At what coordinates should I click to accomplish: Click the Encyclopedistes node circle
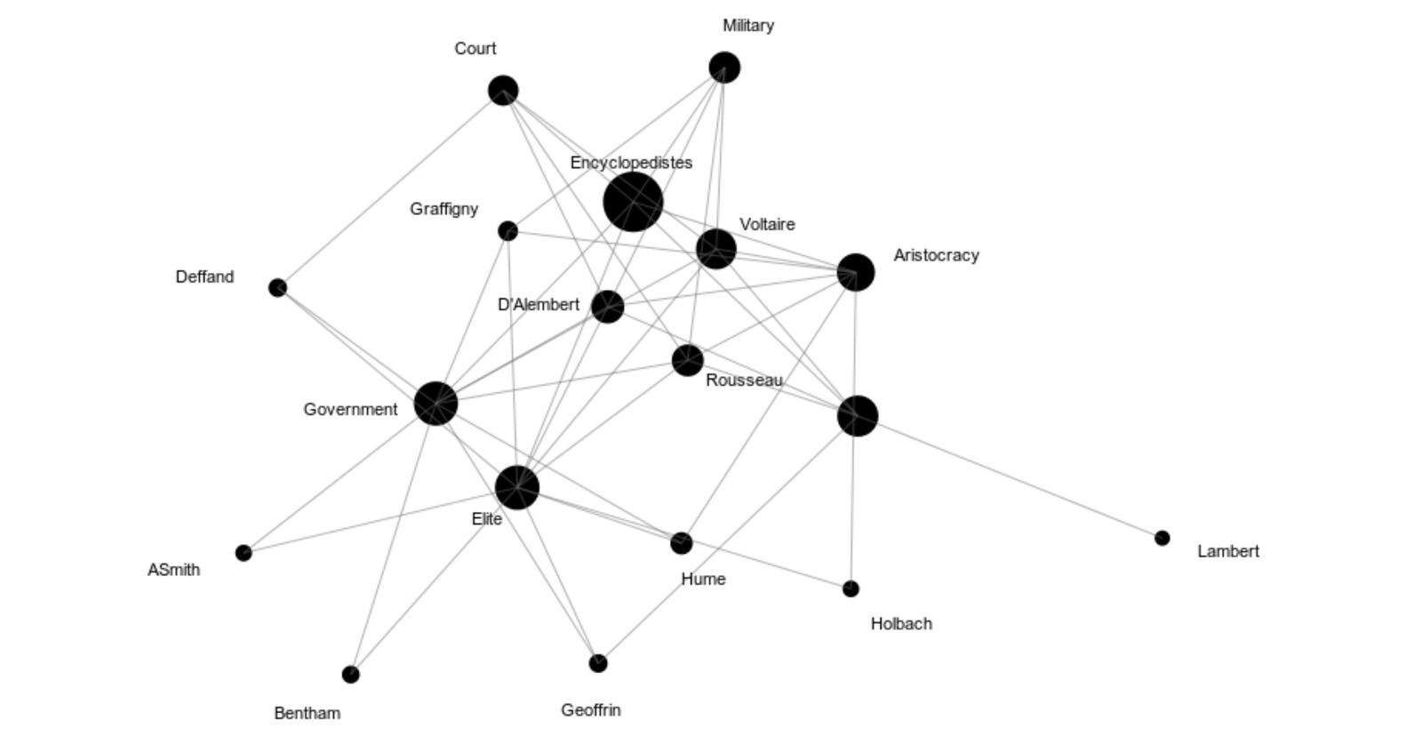tap(633, 202)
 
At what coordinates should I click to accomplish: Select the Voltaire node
tap(716, 249)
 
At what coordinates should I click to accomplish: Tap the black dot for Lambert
tap(1162, 538)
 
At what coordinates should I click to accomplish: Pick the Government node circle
tap(435, 404)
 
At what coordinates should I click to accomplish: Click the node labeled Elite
tap(516, 487)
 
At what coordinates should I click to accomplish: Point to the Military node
tap(724, 68)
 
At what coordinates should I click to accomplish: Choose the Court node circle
tap(503, 90)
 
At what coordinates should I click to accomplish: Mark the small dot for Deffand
tap(277, 288)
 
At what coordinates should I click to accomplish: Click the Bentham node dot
tap(351, 675)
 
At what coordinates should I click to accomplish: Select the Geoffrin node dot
tap(598, 663)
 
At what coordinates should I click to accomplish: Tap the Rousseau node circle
tap(687, 361)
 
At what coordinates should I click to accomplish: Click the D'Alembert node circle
tap(608, 307)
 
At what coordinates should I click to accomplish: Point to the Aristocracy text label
tap(936, 255)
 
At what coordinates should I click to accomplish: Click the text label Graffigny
tap(443, 209)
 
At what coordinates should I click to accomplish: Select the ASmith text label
tap(173, 570)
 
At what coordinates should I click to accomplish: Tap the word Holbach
tap(901, 624)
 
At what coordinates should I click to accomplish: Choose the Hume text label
tap(703, 579)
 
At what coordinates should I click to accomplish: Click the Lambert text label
tap(1227, 551)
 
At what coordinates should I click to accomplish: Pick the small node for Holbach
tap(851, 589)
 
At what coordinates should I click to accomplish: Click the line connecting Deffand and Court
tap(390, 188)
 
